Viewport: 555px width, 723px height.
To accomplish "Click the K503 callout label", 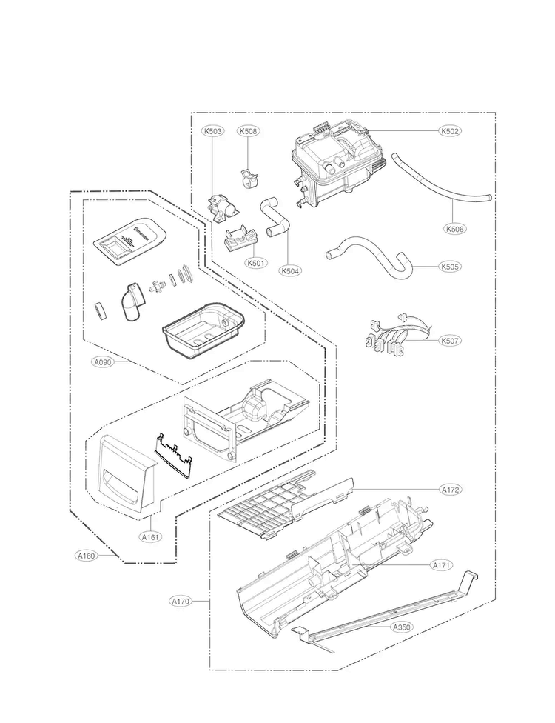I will (213, 131).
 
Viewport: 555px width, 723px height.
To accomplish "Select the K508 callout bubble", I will (249, 131).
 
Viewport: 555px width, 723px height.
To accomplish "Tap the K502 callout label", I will (449, 131).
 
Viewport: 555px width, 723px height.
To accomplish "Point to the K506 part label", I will (456, 229).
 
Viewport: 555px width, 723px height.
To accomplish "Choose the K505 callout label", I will (449, 266).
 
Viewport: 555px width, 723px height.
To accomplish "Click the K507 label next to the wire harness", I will (449, 341).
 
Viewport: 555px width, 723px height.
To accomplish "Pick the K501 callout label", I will (256, 261).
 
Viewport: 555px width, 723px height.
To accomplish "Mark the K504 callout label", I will (291, 271).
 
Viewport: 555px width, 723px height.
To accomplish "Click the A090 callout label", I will (103, 363).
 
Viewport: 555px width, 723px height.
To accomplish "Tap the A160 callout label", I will (87, 555).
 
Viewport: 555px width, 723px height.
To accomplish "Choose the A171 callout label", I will (441, 565).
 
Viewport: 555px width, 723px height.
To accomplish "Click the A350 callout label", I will (402, 627).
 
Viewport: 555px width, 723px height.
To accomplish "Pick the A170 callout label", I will (181, 601).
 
